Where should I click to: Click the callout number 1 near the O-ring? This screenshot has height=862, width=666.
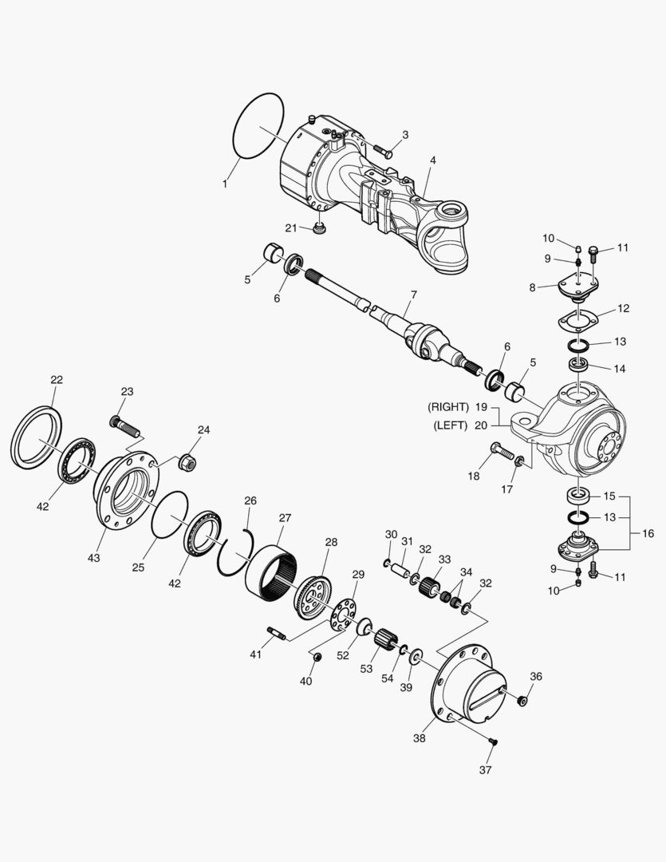point(225,184)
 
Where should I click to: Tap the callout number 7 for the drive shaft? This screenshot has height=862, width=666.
point(412,295)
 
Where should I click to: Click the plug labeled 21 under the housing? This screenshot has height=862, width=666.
point(319,231)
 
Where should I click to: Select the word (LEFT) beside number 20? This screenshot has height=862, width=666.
point(451,425)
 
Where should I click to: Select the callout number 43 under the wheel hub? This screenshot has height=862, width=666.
point(94,557)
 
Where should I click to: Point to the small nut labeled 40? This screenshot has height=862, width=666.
point(316,657)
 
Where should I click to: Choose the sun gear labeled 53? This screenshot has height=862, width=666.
point(387,640)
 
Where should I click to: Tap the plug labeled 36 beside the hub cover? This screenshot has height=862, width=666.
point(522,700)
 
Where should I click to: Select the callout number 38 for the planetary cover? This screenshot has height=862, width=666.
point(420,738)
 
